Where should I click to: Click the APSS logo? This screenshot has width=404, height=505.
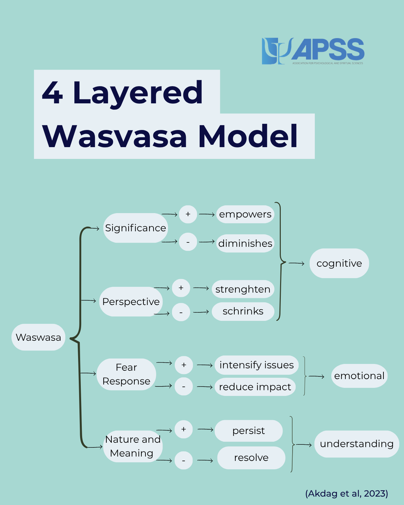[x=313, y=51]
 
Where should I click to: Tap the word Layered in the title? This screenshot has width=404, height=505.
[x=138, y=92]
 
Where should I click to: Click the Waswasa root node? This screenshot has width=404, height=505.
[x=38, y=337]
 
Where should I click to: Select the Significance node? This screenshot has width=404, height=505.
[x=135, y=228]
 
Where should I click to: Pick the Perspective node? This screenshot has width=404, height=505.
[x=131, y=302]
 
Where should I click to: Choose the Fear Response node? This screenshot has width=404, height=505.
[x=126, y=374]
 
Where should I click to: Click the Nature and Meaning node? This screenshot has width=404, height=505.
[x=133, y=446]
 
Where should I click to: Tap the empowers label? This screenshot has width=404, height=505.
[x=245, y=214]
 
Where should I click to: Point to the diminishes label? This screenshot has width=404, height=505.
[x=245, y=243]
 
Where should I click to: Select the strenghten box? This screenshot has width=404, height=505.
[x=243, y=289]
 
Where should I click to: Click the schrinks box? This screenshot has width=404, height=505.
[x=243, y=311]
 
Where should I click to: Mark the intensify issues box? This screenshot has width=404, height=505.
[x=257, y=365]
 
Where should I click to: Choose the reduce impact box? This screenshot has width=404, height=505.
[x=255, y=387]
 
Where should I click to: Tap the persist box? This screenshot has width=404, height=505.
[x=248, y=431]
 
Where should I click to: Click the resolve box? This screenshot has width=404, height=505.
[x=251, y=458]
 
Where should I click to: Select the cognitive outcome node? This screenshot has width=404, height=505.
[x=339, y=263]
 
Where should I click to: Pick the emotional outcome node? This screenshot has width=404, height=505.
[x=359, y=376]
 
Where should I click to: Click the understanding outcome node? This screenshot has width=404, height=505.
[x=357, y=444]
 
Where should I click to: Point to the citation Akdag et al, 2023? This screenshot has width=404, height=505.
[x=346, y=494]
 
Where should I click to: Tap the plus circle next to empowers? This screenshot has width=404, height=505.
[x=188, y=214]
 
